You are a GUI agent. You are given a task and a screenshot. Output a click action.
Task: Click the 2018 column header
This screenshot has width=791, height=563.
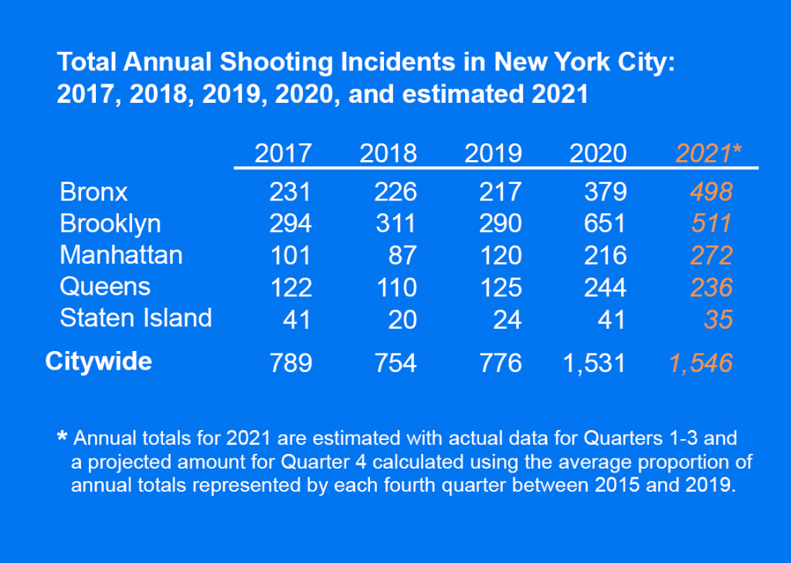(388, 153)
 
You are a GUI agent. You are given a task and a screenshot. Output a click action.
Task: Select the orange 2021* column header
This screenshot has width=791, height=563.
(708, 153)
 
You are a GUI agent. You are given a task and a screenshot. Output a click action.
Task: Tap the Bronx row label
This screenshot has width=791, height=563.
(93, 192)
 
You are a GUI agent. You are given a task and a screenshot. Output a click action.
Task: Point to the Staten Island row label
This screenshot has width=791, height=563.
(136, 318)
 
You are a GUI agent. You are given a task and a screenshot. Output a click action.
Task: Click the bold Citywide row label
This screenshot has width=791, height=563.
(98, 361)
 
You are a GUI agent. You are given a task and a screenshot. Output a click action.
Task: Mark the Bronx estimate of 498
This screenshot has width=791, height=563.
(711, 192)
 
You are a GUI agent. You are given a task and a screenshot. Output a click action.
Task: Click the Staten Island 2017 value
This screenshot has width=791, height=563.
(297, 319)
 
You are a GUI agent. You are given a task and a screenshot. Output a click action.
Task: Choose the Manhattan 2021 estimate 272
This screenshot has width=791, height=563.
(711, 255)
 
